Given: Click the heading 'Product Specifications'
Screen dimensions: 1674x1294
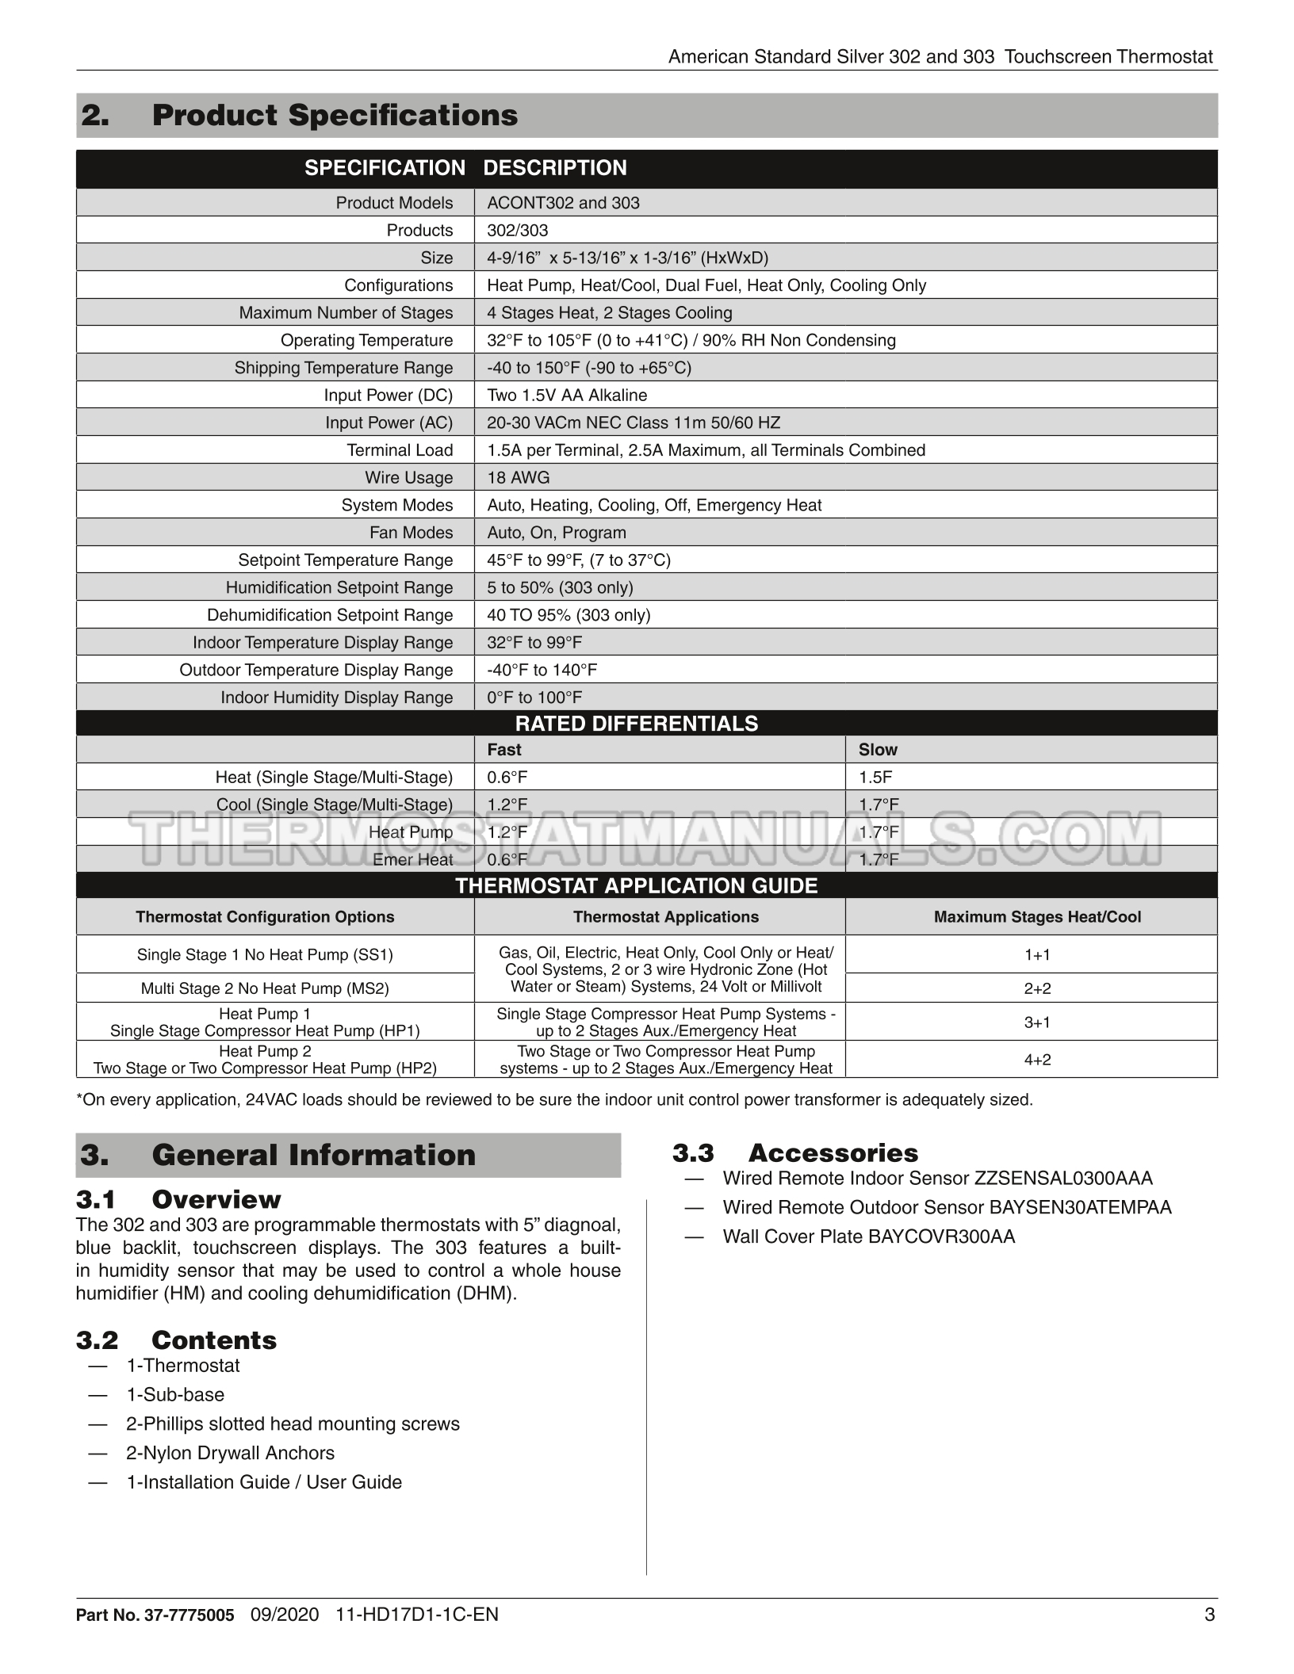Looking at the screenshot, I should click(x=334, y=116).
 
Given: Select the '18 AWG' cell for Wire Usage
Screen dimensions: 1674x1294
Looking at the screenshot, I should click(x=518, y=478).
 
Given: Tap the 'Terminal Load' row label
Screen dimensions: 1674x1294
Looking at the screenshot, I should click(x=400, y=450).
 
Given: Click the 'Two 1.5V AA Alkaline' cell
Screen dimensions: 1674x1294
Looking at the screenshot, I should click(x=567, y=396).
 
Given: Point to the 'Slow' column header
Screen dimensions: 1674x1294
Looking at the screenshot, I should click(x=878, y=750).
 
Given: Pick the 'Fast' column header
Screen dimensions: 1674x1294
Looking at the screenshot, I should click(x=504, y=750).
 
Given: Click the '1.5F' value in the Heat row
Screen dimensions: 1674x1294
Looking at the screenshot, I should click(x=875, y=778).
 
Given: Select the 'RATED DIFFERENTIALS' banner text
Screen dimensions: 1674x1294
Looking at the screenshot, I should click(x=637, y=724).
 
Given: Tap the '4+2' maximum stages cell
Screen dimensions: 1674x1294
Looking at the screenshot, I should click(x=1037, y=1060).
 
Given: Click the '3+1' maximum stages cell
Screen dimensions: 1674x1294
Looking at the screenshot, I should click(x=1037, y=1022).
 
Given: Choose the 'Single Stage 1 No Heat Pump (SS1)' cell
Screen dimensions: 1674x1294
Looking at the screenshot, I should click(x=265, y=955).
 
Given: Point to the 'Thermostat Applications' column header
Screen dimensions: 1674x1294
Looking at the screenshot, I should click(x=665, y=917).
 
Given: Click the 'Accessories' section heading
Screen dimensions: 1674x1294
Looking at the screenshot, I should click(x=833, y=1153).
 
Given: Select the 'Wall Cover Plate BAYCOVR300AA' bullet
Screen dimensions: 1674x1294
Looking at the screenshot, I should click(x=868, y=1237).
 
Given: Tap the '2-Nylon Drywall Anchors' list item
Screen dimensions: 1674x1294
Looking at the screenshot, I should click(x=230, y=1453).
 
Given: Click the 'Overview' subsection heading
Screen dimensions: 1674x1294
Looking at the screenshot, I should click(x=216, y=1199).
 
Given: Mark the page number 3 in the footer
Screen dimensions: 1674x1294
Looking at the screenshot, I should click(x=1209, y=1615).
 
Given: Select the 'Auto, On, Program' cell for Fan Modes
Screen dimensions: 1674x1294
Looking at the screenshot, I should click(x=557, y=533).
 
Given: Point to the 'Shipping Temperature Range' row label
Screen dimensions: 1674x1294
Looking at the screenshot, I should click(x=343, y=368).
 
